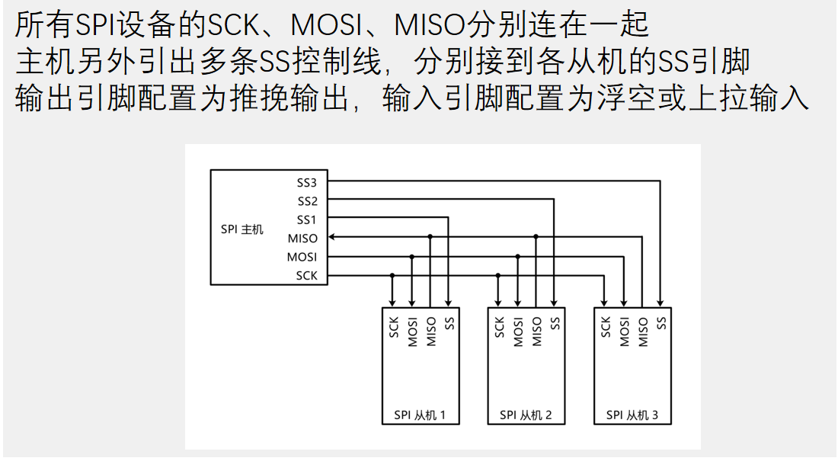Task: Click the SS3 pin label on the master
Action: click(x=307, y=183)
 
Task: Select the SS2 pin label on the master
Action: click(x=307, y=201)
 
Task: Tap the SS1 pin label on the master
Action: click(x=307, y=219)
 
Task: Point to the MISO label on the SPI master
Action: click(x=303, y=239)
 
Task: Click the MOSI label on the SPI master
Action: click(x=302, y=257)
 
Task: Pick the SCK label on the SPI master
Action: click(x=306, y=275)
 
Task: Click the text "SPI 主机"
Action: click(x=241, y=229)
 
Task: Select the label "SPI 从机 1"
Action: click(x=420, y=415)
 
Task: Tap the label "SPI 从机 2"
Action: click(x=526, y=415)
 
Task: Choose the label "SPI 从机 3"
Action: click(x=632, y=415)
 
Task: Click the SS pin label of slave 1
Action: click(x=449, y=323)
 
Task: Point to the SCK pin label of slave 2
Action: click(x=500, y=328)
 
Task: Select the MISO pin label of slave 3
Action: click(x=643, y=331)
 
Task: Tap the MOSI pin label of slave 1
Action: click(x=412, y=331)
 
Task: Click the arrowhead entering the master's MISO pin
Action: click(x=333, y=238)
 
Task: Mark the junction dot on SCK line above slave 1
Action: click(x=392, y=275)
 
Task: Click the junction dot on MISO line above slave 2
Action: click(x=536, y=238)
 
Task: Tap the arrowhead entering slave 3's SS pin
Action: click(x=660, y=301)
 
